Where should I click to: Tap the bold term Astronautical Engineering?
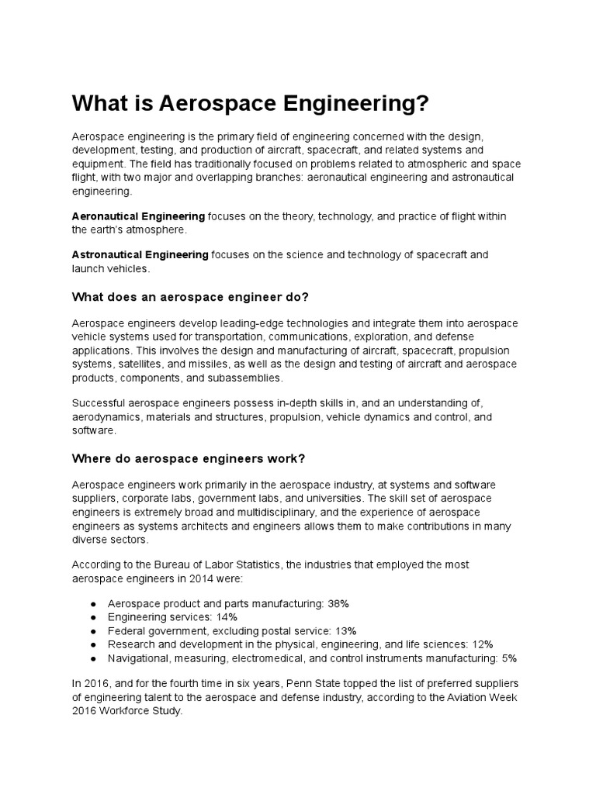coord(140,254)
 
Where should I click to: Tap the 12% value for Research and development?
coord(482,644)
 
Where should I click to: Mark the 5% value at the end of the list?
coord(508,658)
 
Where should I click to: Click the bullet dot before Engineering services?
coord(94,616)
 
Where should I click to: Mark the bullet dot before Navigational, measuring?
coord(94,658)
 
